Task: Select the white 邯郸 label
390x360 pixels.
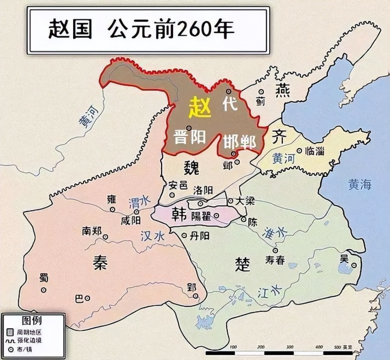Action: pos(239,142)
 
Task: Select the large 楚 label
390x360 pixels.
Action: pos(242,264)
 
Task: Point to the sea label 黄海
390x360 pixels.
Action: pos(360,185)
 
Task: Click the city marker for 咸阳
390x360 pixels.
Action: pos(137,211)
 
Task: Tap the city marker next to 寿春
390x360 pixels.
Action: pos(275,250)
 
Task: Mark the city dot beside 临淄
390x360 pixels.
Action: pos(299,151)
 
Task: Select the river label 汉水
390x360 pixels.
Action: pos(153,236)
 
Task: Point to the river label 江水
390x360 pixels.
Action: pos(269,290)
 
